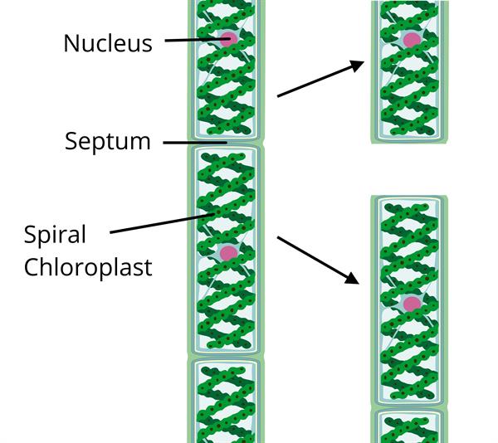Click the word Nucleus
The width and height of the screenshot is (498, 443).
pos(108,42)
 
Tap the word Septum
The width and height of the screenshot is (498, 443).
pos(108,141)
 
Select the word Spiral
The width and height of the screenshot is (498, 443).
pos(55,235)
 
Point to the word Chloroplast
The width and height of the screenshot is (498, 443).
pos(88,267)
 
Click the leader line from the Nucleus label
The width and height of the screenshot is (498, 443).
pos(195,39)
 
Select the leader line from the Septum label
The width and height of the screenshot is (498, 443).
pos(195,143)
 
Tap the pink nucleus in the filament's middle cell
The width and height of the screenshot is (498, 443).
pos(227,252)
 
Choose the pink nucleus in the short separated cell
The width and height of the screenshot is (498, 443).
pos(411,40)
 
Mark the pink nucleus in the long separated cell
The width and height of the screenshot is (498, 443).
pos(411,303)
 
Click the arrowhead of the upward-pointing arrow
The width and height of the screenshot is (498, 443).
pos(358,65)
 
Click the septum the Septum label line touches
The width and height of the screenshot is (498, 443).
pos(227,143)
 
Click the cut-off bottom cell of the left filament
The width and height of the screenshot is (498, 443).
pos(227,402)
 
